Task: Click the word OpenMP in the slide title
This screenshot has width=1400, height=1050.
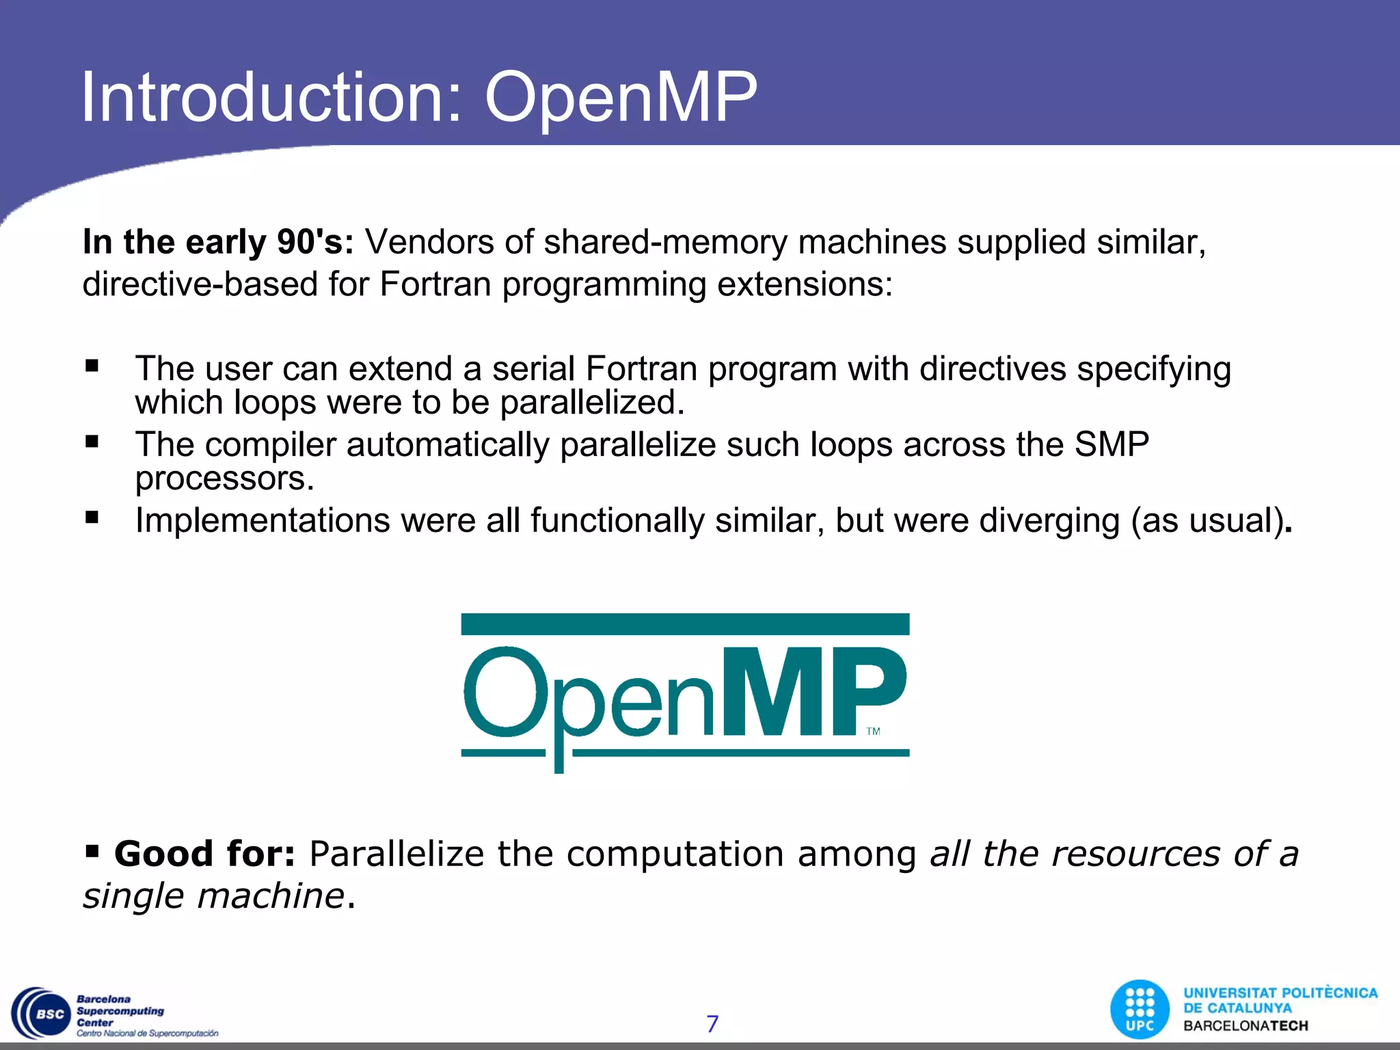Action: point(621,99)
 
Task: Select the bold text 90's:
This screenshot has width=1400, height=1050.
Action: point(315,242)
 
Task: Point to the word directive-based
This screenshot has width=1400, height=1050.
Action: point(200,284)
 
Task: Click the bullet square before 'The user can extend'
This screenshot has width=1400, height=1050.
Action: point(92,366)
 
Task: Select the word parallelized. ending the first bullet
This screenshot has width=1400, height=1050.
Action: point(592,403)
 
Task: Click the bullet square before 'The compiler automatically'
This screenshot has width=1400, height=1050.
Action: point(92,442)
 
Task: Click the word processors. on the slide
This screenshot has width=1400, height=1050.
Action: point(224,479)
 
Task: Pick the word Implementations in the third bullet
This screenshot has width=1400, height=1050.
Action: point(262,521)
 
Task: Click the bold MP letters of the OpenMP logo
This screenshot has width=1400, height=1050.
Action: point(813,692)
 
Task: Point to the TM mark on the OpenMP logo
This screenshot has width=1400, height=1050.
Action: point(873,731)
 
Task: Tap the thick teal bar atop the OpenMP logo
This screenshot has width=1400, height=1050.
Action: point(685,624)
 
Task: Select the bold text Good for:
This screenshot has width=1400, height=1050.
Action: point(204,854)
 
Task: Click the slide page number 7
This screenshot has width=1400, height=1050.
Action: point(712,1024)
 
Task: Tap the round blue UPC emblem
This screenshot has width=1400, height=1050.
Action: point(1140,1010)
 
